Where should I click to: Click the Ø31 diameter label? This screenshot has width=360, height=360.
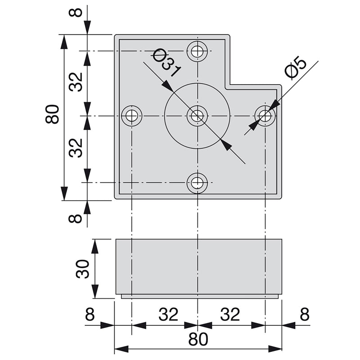point(166,64)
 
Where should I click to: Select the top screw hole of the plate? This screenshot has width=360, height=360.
point(197,51)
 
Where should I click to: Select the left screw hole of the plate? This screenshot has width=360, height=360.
point(131,116)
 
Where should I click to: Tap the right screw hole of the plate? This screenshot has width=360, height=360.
point(265,116)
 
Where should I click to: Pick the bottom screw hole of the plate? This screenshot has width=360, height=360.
point(197,183)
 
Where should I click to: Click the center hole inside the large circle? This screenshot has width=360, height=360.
point(197,116)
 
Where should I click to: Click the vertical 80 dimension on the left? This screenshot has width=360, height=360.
point(52,115)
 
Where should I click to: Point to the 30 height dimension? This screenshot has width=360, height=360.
point(83,269)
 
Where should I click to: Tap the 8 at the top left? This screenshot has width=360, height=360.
point(77,11)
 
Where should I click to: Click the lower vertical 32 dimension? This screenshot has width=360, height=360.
point(77,148)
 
